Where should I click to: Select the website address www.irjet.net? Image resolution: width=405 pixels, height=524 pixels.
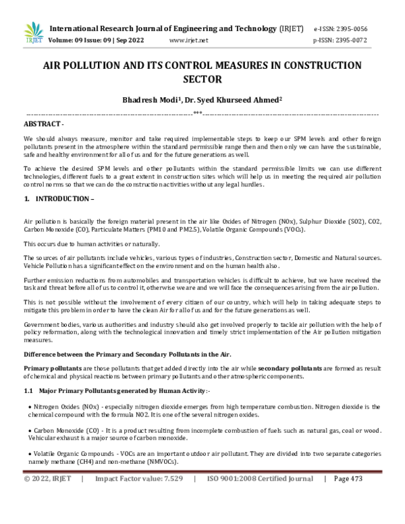tap(188, 41)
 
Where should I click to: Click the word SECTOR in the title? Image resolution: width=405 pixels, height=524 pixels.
tap(202, 78)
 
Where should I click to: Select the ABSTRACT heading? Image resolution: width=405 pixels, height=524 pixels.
tap(44, 124)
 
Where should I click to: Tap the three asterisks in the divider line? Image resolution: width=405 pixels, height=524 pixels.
tap(198, 113)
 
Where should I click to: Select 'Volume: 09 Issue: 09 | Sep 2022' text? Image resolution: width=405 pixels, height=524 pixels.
tap(101, 41)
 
